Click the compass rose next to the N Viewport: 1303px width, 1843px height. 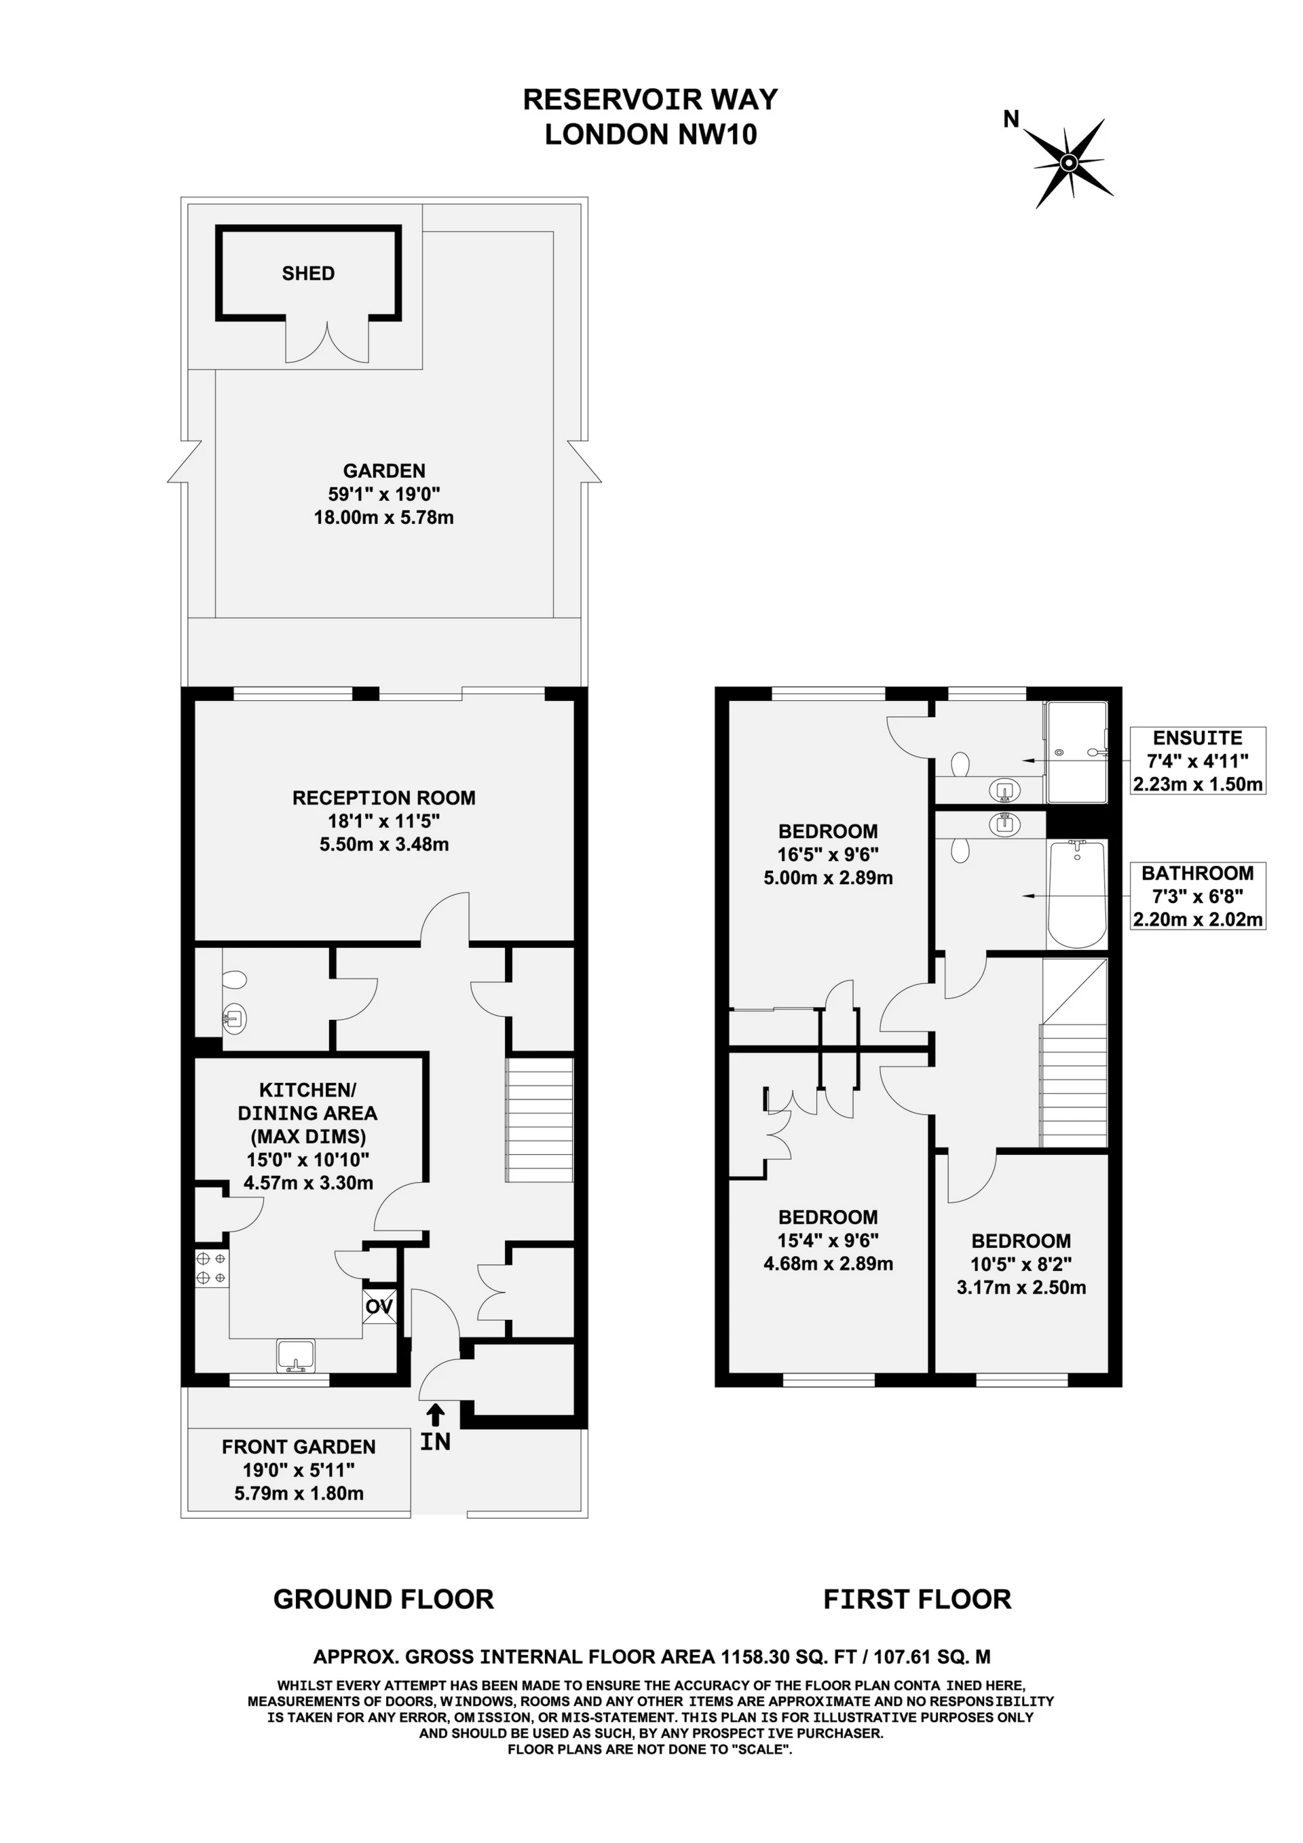1070,163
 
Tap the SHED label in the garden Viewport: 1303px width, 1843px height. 308,273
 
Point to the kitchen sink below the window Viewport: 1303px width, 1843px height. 297,1355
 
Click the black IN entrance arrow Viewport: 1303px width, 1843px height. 435,1414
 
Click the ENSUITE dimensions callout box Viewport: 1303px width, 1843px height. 1198,761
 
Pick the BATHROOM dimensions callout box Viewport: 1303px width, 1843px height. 1198,896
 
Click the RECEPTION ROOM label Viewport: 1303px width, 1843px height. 383,798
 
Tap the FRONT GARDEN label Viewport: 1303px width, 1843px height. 299,1447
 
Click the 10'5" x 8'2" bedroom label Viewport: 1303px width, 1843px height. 1021,1264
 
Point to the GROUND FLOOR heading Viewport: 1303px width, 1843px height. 383,1600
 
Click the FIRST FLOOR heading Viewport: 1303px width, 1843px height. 918,1600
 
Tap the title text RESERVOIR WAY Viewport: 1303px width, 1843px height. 650,100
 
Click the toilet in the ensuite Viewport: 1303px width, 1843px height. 960,764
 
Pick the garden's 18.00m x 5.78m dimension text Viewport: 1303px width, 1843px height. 383,518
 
